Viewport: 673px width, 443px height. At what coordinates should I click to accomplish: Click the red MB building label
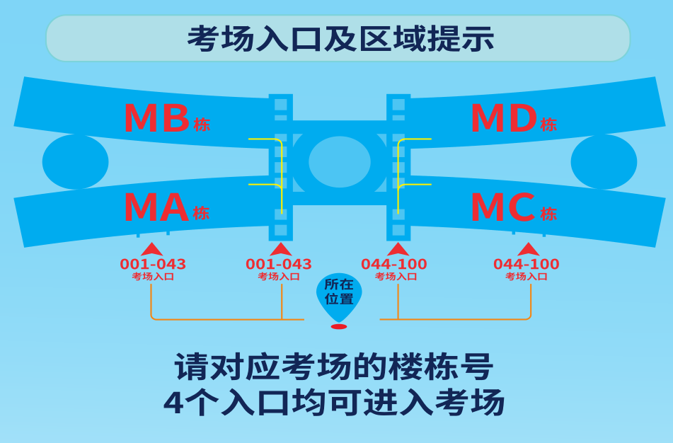(156, 119)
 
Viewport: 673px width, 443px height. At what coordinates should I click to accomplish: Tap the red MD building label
(503, 119)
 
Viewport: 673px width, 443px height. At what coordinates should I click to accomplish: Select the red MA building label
(156, 208)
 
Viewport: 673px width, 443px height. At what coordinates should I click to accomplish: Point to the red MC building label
(502, 208)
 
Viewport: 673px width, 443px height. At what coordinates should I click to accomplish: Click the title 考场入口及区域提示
(340, 38)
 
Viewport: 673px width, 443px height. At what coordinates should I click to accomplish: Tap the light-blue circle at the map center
(340, 161)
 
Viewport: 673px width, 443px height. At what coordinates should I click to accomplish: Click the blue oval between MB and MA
(75, 161)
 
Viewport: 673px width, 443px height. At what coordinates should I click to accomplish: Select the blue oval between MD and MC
(604, 161)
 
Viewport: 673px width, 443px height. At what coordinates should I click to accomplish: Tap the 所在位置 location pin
(339, 294)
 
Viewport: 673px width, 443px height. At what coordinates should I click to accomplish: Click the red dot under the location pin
(339, 326)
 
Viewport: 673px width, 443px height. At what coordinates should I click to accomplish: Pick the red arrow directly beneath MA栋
(152, 249)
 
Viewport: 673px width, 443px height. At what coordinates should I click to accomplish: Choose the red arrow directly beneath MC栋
(528, 249)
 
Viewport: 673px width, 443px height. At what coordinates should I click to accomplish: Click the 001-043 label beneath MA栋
(153, 265)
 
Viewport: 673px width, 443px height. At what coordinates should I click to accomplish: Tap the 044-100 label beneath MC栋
(526, 265)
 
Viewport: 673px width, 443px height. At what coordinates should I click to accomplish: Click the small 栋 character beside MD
(548, 125)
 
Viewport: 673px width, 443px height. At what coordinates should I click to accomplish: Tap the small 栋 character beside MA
(202, 213)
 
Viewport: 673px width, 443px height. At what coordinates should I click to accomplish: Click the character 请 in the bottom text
(191, 368)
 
